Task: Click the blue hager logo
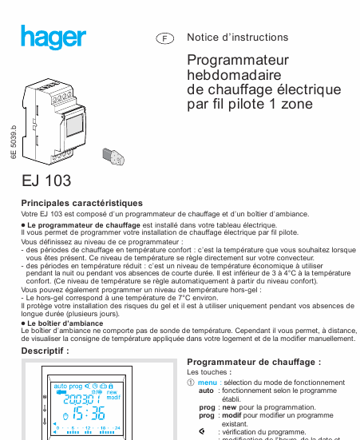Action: pos(53,37)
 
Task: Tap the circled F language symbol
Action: pos(164,38)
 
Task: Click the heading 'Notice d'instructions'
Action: pos(238,37)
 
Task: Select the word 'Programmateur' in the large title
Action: pos(238,61)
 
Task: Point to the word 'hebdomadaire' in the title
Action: pos(234,75)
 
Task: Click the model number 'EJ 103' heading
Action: pos(46,180)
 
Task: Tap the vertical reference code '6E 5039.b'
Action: pos(14,142)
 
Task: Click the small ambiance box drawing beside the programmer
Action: pos(113,157)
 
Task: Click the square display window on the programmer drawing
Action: pos(73,125)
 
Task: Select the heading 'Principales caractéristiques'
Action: pos(82,203)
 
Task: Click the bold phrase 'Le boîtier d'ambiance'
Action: pos(65,323)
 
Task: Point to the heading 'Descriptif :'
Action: pos(45,351)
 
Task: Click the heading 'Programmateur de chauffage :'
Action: pos(254,362)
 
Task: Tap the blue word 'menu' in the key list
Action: pos(207,383)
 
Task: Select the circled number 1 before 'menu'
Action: pos(191,383)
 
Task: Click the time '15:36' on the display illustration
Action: pos(89,414)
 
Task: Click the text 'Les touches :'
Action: pos(209,372)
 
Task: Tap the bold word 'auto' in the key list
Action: pos(206,390)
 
